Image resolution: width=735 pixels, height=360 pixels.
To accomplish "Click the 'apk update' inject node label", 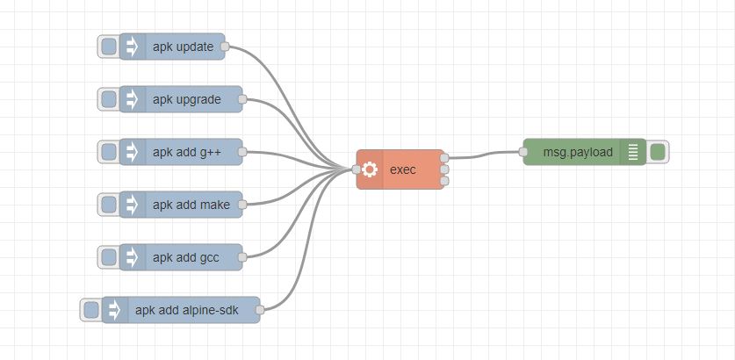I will [x=183, y=47].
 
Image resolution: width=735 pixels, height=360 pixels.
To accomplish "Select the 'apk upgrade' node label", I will [x=186, y=99].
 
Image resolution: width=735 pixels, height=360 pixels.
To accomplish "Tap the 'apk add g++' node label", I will [x=186, y=152].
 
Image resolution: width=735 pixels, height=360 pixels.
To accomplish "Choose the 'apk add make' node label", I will [x=191, y=205].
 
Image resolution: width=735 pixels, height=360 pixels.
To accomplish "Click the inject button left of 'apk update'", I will [x=109, y=47].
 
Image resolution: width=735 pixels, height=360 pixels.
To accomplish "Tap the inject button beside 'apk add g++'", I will [x=109, y=152].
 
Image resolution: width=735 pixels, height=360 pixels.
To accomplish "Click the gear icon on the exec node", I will [x=370, y=169].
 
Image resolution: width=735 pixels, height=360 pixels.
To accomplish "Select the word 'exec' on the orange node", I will [x=402, y=169].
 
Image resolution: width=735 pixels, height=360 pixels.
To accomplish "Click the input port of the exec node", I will [x=357, y=169].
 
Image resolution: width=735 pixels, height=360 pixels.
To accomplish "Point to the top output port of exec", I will [x=444, y=158].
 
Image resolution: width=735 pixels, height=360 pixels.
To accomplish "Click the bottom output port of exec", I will [x=444, y=181].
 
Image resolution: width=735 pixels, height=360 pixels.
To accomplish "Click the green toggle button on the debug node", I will [x=658, y=152].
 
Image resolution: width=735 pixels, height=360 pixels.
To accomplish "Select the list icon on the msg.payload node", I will [x=632, y=152].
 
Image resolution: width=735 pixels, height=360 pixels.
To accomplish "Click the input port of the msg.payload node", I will [x=523, y=152].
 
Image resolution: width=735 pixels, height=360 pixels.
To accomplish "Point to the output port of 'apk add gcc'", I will [x=242, y=257].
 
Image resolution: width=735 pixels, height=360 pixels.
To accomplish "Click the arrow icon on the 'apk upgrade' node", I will [x=133, y=99].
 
